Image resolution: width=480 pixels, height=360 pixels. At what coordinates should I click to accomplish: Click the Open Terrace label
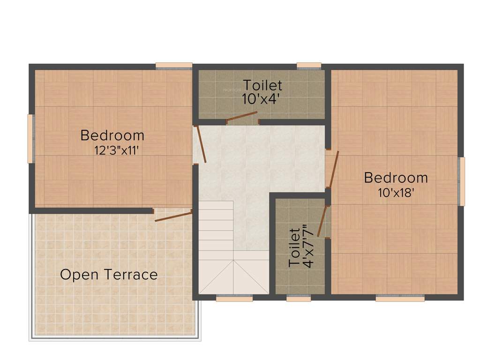109,274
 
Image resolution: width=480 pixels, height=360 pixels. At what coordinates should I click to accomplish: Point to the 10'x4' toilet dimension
262,99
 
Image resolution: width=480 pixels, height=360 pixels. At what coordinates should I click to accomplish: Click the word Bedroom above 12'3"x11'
112,135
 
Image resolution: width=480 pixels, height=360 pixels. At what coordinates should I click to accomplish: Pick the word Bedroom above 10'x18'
396,178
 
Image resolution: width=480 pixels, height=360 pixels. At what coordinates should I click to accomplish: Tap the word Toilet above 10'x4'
262,85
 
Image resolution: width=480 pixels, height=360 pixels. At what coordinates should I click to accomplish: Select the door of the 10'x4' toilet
242,117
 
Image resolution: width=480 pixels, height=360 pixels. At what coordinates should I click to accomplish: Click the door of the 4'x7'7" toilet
322,221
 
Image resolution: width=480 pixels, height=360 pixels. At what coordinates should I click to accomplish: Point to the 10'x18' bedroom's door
332,170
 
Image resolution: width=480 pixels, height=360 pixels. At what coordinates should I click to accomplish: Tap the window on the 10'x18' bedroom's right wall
462,181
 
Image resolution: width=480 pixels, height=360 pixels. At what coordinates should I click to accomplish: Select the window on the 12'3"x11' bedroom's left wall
30,139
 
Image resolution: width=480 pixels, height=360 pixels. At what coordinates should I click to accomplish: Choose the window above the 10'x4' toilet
309,66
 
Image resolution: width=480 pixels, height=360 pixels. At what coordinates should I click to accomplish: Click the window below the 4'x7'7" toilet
299,298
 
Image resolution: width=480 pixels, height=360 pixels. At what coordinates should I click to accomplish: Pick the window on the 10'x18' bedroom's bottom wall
400,298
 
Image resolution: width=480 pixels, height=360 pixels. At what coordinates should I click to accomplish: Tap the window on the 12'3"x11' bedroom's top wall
174,66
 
